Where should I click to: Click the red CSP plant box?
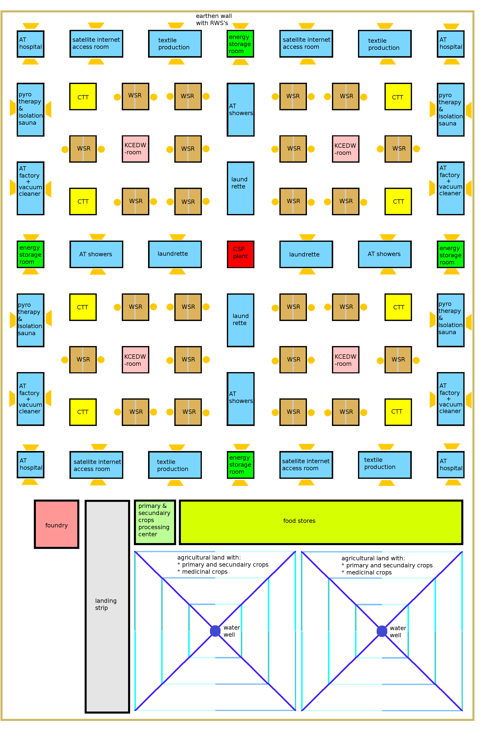click(240, 254)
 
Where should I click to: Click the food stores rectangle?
click(321, 522)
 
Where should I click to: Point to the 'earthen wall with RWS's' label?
click(214, 19)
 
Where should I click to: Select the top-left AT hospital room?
click(30, 44)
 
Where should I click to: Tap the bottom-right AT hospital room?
click(451, 465)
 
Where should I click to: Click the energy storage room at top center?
click(240, 44)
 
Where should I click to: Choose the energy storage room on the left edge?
click(30, 254)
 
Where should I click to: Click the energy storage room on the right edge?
click(451, 254)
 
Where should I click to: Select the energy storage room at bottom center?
click(240, 465)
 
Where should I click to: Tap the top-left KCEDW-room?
click(135, 149)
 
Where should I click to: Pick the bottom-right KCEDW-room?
click(346, 360)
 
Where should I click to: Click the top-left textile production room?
click(175, 44)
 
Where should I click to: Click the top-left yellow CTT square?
click(83, 97)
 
